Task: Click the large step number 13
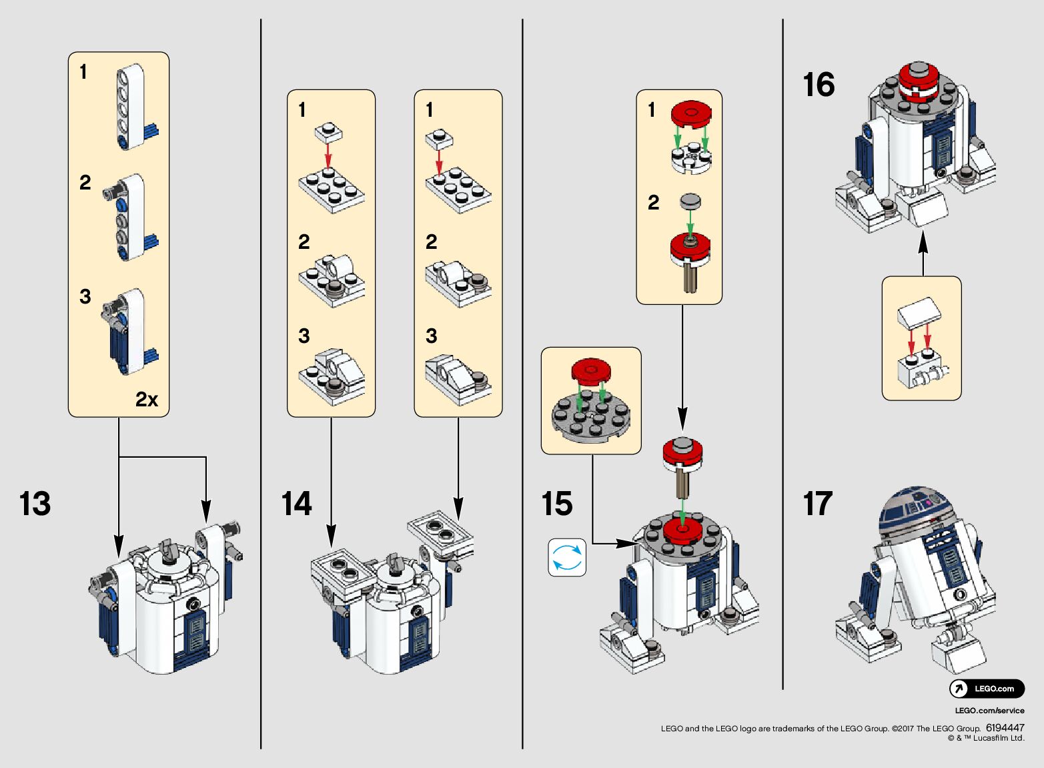click(35, 504)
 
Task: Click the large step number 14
click(296, 504)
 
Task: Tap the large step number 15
click(556, 504)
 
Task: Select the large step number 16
click(818, 85)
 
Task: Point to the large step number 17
click(818, 504)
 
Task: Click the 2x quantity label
click(147, 399)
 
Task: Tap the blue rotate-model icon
click(567, 558)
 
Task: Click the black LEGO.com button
click(987, 689)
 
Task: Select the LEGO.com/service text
click(989, 711)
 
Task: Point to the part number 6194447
click(1005, 728)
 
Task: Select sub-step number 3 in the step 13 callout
click(85, 296)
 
